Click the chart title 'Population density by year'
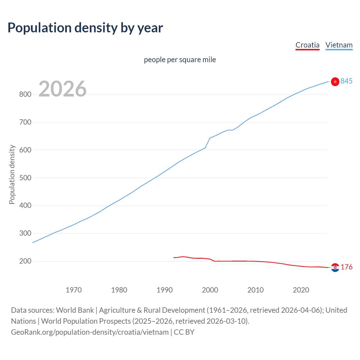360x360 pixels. (85, 28)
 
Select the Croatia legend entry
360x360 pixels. (307, 45)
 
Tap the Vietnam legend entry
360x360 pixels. (339, 45)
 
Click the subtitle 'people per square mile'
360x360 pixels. (180, 60)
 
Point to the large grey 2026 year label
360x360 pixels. (62, 89)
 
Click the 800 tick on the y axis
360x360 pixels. (25, 94)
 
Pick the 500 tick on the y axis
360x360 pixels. (25, 178)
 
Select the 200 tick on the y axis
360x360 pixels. (25, 261)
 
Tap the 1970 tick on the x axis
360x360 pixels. (74, 290)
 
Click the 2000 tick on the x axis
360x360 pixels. (210, 290)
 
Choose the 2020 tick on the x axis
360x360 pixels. (301, 290)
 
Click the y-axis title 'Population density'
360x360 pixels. (12, 174)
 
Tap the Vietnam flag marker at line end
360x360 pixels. (335, 82)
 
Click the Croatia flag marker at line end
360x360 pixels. (335, 267)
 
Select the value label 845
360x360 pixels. (346, 81)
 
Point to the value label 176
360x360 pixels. (346, 267)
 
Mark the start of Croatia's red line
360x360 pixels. (174, 258)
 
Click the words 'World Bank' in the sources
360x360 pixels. (75, 310)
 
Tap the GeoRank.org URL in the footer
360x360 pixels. (90, 332)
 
